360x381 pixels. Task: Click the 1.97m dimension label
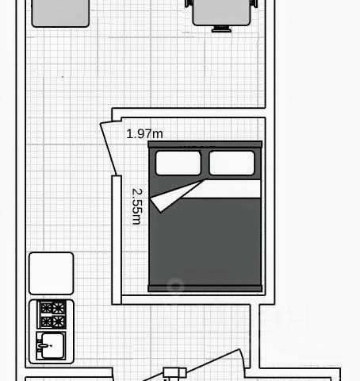coord(144,134)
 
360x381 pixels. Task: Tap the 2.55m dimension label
coord(137,206)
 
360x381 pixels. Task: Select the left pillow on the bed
coord(178,163)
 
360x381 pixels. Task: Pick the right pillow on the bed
coord(232,163)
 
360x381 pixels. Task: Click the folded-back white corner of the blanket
coord(174,196)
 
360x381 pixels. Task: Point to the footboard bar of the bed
coord(205,288)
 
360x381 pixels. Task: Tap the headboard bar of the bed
coord(205,144)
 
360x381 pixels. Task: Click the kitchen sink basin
coord(52,346)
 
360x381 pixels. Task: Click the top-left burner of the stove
coord(46,308)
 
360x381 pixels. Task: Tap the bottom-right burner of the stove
coord(58,321)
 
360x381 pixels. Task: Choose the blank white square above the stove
coord(52,273)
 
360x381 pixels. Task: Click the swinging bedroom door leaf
coord(109,148)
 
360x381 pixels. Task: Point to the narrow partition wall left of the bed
coord(117,240)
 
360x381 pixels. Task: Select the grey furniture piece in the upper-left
coord(60,13)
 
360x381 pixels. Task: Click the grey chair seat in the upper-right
coord(221,13)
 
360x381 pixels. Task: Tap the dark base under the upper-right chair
coord(221,29)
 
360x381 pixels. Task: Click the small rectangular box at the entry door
coord(174,373)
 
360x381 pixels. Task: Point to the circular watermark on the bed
coord(175,286)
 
